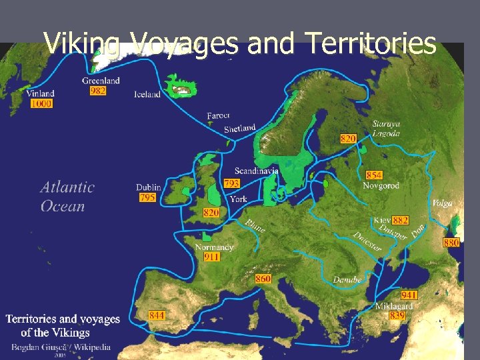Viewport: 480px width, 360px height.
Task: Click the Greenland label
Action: click(101, 81)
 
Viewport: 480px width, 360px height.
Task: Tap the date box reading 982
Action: click(97, 91)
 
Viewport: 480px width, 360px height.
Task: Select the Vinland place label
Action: click(41, 93)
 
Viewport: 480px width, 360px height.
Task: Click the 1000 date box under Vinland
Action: click(41, 104)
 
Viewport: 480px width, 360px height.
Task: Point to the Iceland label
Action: click(147, 94)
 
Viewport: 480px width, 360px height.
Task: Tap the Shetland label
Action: click(239, 128)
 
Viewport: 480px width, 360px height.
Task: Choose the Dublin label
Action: click(148, 187)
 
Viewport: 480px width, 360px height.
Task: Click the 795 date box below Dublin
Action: click(147, 198)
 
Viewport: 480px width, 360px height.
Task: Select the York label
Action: click(238, 199)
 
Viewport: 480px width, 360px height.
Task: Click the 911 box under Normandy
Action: click(211, 257)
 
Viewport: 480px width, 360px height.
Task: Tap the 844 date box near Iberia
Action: click(157, 315)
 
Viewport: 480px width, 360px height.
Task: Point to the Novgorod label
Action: click(381, 185)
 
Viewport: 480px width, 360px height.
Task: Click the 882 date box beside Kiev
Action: click(401, 220)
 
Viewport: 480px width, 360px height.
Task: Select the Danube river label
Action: click(347, 280)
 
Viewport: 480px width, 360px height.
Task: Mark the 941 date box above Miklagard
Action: click(409, 295)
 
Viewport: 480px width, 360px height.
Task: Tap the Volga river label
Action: click(442, 203)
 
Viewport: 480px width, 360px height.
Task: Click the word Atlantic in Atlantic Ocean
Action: click(67, 187)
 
